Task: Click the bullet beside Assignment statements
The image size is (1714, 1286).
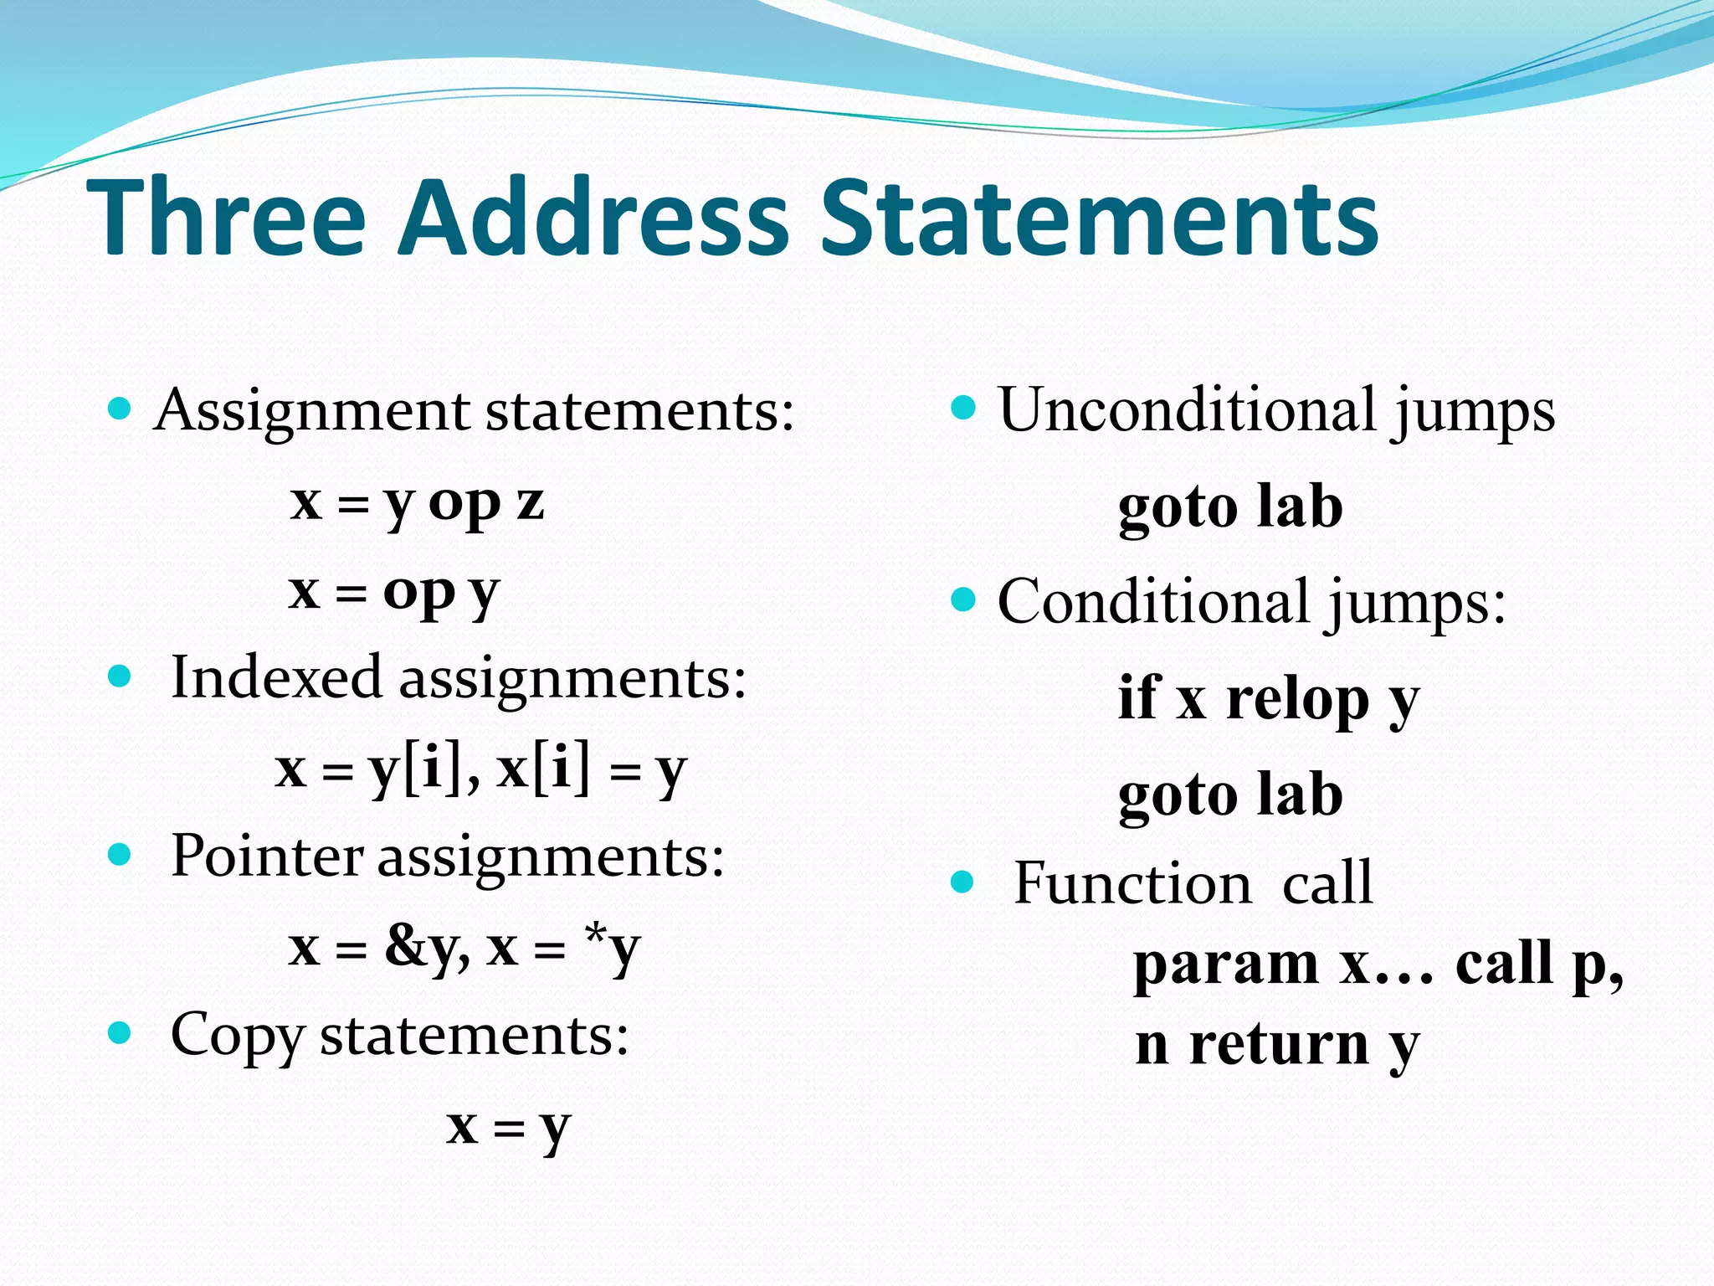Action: [x=121, y=409]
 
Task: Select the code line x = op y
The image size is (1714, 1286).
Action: [x=394, y=592]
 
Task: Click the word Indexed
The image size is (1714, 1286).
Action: [x=276, y=677]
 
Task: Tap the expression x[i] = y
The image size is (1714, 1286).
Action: [x=591, y=769]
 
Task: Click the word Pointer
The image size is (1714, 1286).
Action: [x=266, y=856]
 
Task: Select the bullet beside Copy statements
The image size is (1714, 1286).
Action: [x=121, y=1032]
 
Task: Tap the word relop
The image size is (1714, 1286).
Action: [x=1297, y=698]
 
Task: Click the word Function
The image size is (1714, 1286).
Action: [x=1132, y=883]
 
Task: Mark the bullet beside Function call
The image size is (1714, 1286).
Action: [x=963, y=882]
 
